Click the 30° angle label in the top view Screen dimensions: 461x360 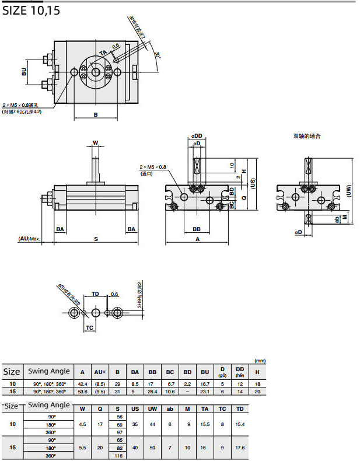pyautogui.click(x=158, y=55)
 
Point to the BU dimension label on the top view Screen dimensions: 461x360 pyautogui.click(x=24, y=72)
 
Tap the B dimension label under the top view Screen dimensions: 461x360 pyautogui.click(x=96, y=114)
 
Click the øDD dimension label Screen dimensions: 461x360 pyautogui.click(x=196, y=136)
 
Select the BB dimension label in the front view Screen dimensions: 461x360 pyautogui.click(x=197, y=229)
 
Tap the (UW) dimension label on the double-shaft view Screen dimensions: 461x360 pyautogui.click(x=349, y=190)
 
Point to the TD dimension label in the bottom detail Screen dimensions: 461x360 pyautogui.click(x=96, y=294)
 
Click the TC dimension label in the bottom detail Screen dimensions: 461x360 pyautogui.click(x=90, y=328)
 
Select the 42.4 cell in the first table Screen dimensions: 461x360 pyautogui.click(x=83, y=384)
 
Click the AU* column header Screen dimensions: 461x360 pyautogui.click(x=100, y=372)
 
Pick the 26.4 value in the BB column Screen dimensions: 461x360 pyautogui.click(x=152, y=392)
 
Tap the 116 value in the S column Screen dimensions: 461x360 pyautogui.click(x=120, y=455)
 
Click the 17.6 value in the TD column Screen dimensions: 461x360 pyautogui.click(x=240, y=448)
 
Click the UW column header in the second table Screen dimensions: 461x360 pyautogui.click(x=152, y=408)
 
